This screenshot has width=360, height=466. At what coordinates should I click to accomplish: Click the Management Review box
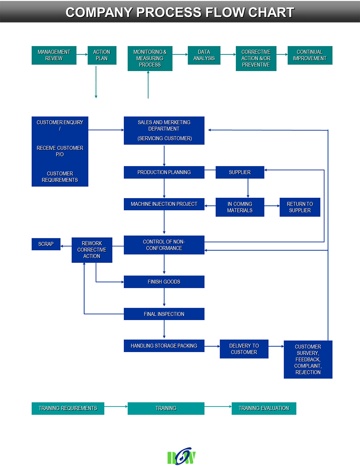(x=54, y=55)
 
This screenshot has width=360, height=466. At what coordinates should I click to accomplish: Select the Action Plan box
(x=102, y=55)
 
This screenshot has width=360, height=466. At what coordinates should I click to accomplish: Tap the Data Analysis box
(x=204, y=55)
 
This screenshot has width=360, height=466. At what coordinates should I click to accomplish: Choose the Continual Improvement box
(x=310, y=55)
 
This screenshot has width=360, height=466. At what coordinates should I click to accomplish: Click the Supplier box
(x=240, y=172)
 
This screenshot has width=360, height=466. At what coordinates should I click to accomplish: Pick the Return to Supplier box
(x=300, y=207)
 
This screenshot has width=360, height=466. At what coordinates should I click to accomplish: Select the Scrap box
(x=46, y=244)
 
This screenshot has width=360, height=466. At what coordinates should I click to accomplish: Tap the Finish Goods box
(x=164, y=282)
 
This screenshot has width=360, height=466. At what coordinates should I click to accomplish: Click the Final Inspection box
(x=164, y=314)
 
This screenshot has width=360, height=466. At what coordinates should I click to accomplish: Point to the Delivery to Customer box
(x=244, y=349)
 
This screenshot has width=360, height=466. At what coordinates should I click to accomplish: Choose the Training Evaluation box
(x=264, y=408)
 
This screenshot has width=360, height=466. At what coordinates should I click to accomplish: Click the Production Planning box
(x=164, y=172)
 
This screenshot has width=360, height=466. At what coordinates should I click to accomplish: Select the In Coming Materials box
(x=240, y=207)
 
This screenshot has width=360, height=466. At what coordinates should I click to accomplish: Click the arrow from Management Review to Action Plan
(x=82, y=54)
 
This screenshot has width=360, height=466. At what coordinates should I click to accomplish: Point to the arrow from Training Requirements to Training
(x=116, y=406)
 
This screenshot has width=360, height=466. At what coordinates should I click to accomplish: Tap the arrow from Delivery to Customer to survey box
(x=276, y=346)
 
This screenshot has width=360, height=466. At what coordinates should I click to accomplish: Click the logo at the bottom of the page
(x=181, y=456)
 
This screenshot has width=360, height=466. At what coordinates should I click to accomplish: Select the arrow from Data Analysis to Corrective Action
(x=228, y=54)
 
